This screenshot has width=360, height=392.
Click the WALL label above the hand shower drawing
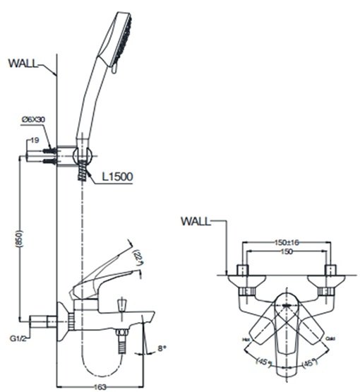(23, 63)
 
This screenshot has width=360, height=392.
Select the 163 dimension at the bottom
(102, 386)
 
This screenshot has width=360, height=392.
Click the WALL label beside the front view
(196, 221)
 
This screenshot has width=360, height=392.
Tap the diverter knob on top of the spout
(122, 304)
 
